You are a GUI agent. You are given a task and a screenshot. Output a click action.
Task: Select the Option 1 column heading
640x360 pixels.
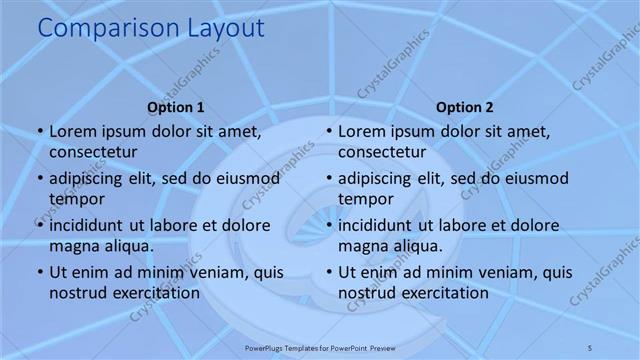click(x=176, y=107)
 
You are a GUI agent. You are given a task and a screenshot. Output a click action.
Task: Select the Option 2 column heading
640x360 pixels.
click(x=465, y=107)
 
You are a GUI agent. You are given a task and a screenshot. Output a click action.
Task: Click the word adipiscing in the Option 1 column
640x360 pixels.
click(x=92, y=178)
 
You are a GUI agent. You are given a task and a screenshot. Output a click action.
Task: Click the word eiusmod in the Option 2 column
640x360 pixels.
click(x=534, y=178)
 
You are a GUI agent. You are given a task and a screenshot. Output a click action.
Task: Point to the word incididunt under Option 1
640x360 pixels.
click(x=91, y=225)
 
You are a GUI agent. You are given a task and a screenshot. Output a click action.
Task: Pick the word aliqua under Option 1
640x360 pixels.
click(x=128, y=245)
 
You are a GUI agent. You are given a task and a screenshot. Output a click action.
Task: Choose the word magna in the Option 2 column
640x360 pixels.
click(x=359, y=246)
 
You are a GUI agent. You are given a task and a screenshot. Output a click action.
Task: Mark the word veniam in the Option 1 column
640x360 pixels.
click(x=218, y=272)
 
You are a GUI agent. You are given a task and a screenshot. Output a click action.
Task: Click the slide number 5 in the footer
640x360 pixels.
click(x=590, y=346)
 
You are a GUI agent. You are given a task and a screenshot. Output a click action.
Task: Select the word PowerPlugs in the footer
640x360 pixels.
click(x=266, y=346)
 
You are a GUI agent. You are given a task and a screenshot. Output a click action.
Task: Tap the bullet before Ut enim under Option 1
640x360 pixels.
click(x=39, y=272)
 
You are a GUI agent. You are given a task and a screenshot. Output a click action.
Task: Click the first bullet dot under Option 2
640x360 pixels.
click(x=328, y=131)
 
